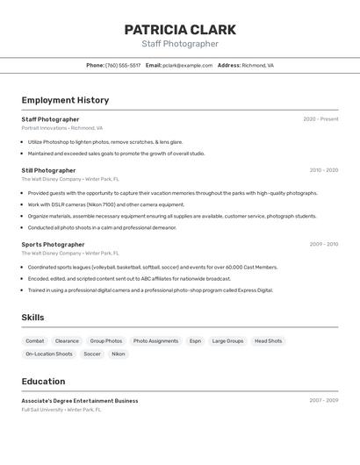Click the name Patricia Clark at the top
(180, 29)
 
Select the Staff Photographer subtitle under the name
(180, 44)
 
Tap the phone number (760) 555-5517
(123, 65)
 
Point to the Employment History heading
(65, 100)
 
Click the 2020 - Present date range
(320, 119)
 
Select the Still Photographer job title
(48, 170)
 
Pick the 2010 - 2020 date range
(323, 170)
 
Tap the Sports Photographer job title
(53, 245)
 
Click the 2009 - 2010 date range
(323, 245)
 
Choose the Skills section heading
(32, 318)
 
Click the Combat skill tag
(35, 341)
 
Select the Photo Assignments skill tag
(155, 341)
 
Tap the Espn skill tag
(195, 341)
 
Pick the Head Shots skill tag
(268, 341)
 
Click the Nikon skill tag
(118, 354)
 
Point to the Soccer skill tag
(91, 354)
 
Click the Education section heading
(43, 382)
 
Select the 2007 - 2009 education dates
(323, 401)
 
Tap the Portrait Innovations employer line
(61, 128)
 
